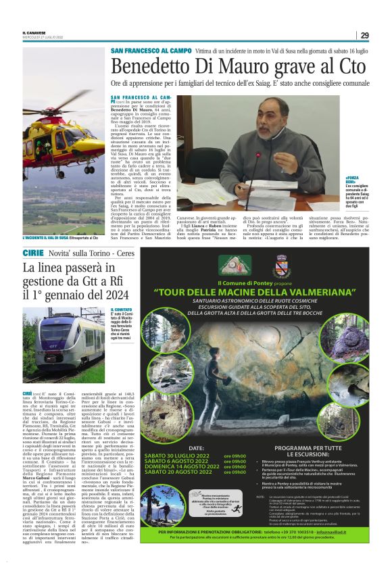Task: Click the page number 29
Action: (x=364, y=35)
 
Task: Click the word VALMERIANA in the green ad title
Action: (x=318, y=292)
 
